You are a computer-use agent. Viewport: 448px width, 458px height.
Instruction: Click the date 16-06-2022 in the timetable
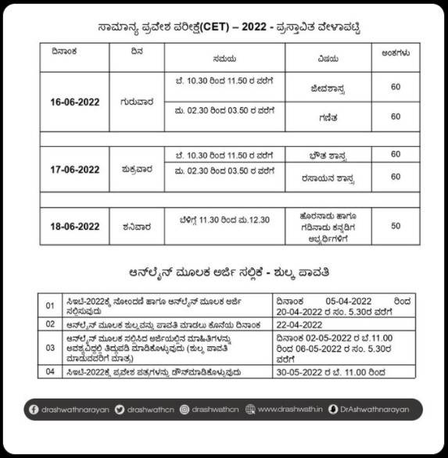[75, 102]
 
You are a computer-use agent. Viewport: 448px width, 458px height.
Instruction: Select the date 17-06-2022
[75, 170]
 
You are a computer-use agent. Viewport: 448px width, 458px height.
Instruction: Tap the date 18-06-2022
[75, 227]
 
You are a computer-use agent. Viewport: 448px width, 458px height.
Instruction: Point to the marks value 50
[396, 226]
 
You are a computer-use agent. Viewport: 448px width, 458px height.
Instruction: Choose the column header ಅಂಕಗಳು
[396, 54]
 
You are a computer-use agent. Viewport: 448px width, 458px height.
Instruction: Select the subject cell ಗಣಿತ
[322, 116]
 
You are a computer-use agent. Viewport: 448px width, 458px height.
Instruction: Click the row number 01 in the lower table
[50, 305]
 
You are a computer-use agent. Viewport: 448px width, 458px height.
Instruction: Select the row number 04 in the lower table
[50, 373]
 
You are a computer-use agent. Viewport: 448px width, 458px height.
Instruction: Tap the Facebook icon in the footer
[34, 409]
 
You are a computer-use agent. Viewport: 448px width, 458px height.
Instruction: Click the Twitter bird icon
[119, 409]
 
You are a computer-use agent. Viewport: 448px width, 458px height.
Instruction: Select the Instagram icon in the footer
[185, 409]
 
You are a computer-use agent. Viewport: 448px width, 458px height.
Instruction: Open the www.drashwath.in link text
[286, 409]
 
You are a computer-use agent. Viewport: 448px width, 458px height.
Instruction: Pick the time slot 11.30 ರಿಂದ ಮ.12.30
[235, 221]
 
